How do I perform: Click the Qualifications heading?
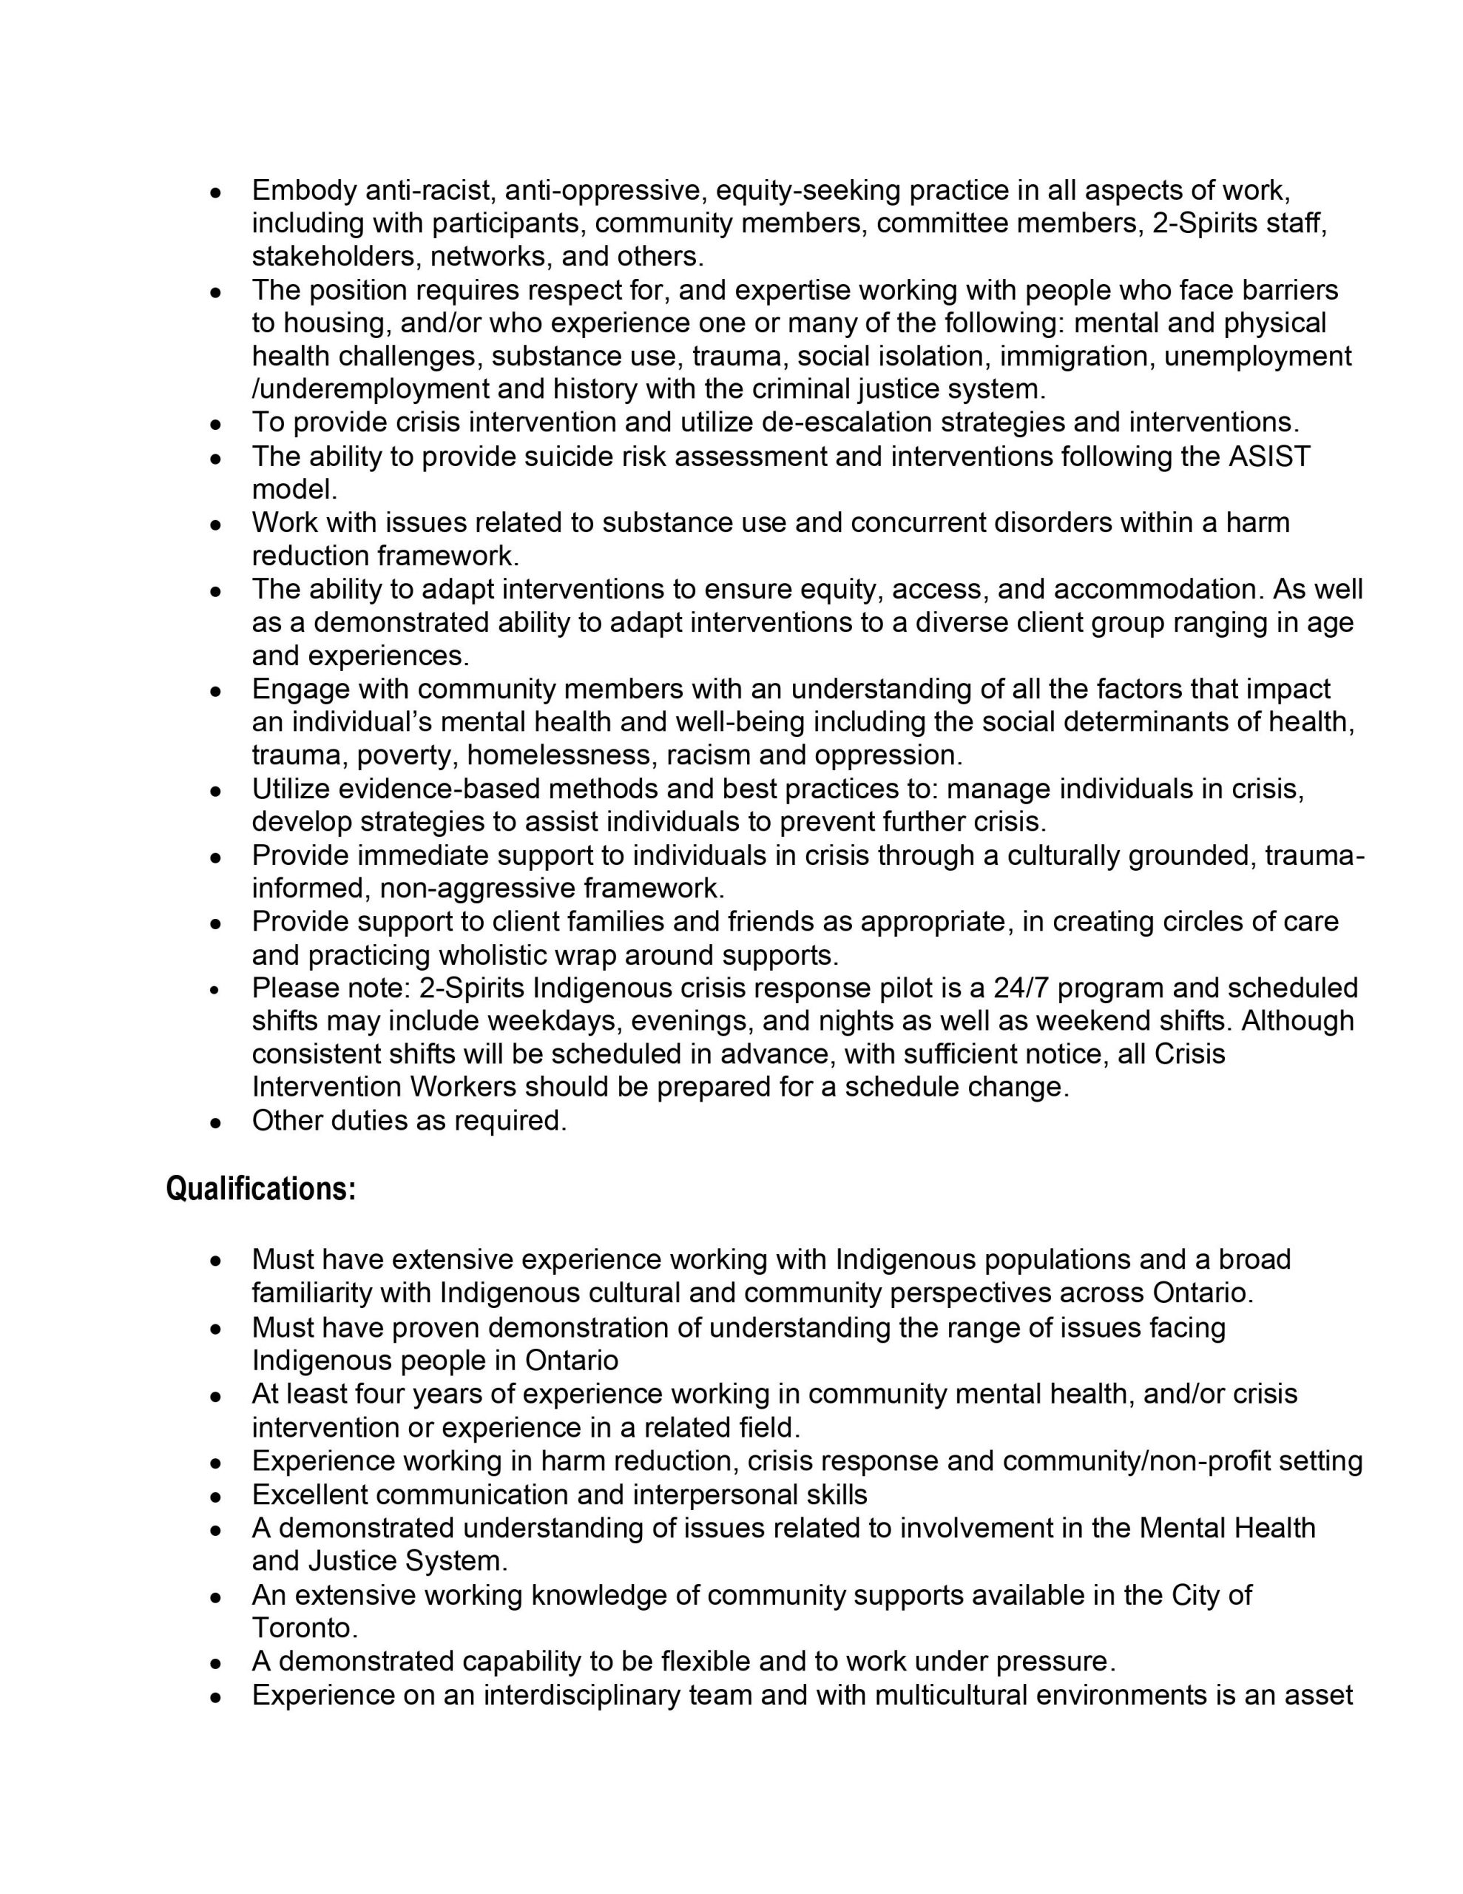click(x=261, y=1189)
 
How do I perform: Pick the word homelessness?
click(x=563, y=755)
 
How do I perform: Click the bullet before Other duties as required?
click(x=217, y=1122)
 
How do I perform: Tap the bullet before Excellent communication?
click(x=217, y=1496)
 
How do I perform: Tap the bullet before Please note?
click(x=217, y=988)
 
